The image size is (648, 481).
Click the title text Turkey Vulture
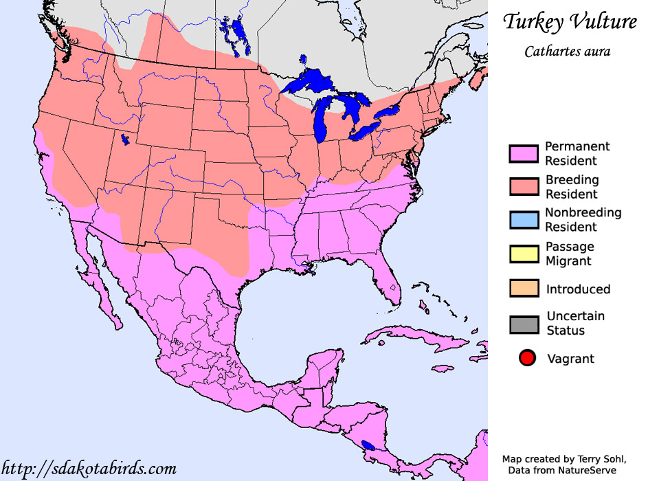click(570, 22)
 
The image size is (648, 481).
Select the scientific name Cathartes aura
click(567, 52)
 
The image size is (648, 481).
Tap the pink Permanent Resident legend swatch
click(524, 154)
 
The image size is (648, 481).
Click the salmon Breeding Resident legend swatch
click(524, 187)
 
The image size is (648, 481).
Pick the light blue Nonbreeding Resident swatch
click(524, 220)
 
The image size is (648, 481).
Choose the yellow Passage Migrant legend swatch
click(524, 254)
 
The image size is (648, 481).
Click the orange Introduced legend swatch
click(524, 289)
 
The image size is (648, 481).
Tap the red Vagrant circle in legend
click(527, 358)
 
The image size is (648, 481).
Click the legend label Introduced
click(578, 289)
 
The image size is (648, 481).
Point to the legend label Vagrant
click(570, 359)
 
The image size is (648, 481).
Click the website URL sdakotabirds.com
click(89, 469)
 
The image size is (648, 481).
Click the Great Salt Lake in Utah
click(124, 140)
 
